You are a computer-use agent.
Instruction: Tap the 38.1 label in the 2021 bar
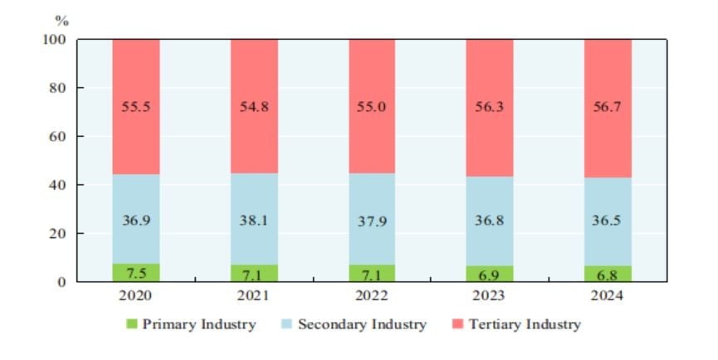(x=254, y=221)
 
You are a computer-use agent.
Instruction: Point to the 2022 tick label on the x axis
(x=372, y=295)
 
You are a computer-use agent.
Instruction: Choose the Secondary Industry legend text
(x=362, y=324)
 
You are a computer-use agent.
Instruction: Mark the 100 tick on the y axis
(x=53, y=39)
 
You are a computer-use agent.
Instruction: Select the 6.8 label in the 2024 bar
(x=608, y=274)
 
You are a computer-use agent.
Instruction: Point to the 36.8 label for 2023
(x=490, y=221)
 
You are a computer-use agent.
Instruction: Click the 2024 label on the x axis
(x=608, y=295)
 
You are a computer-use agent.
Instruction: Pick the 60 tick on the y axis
(x=56, y=136)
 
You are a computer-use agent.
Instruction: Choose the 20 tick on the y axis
(x=56, y=233)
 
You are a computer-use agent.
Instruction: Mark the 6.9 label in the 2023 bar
(x=490, y=274)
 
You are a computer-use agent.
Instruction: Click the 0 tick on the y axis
(x=61, y=282)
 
